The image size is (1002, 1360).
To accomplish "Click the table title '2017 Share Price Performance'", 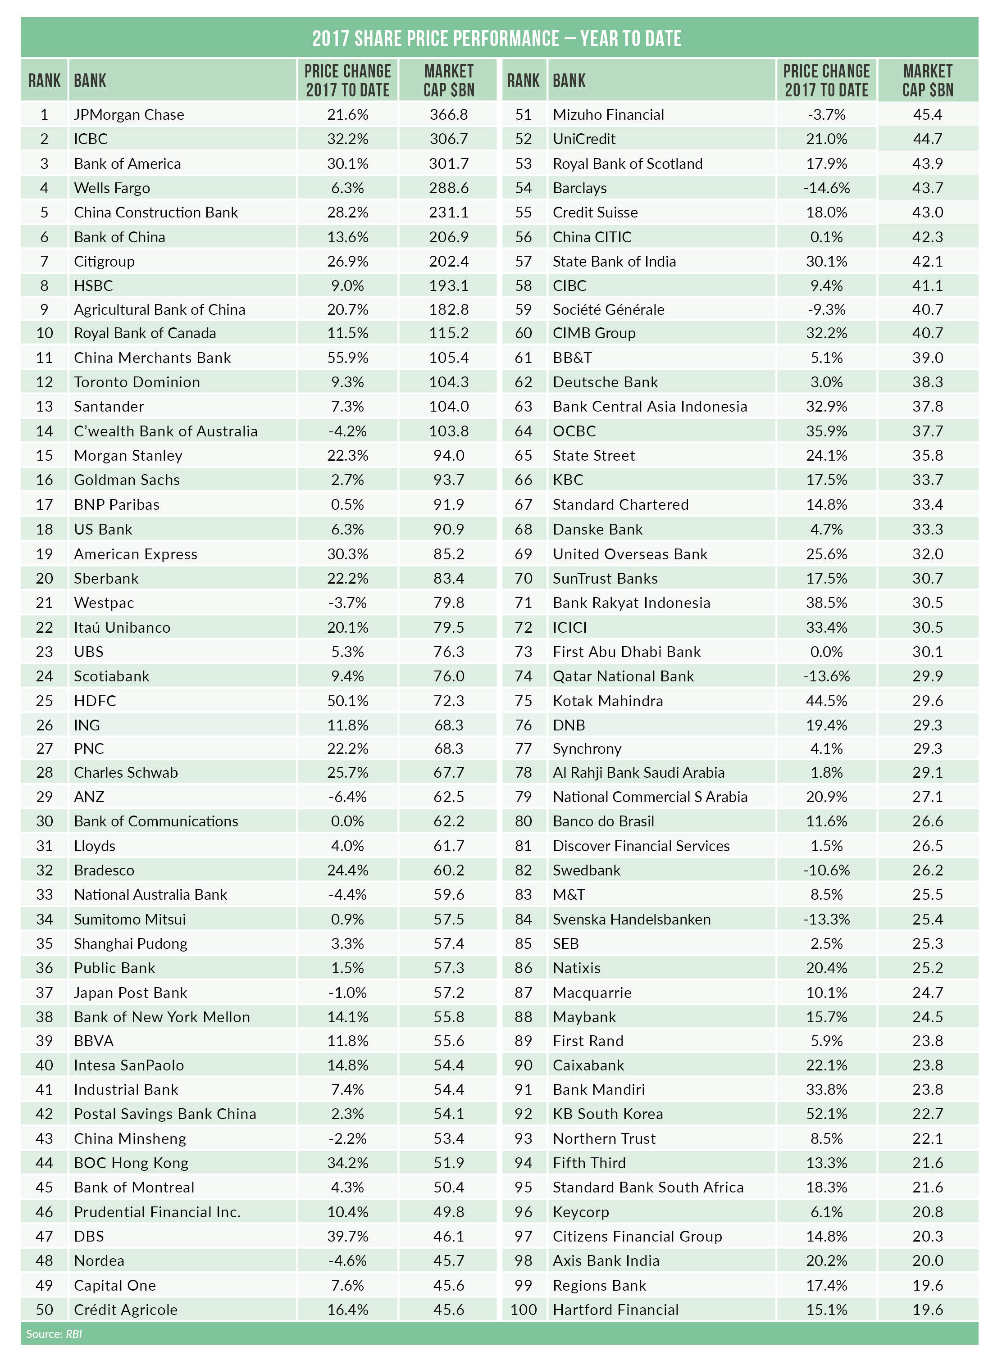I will (x=496, y=38).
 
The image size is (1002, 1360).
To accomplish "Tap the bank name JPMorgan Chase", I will (x=128, y=114).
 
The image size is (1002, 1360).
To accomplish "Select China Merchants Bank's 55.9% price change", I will (x=347, y=358).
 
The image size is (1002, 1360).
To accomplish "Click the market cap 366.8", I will (x=448, y=114).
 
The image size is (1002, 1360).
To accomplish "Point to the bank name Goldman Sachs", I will (x=127, y=480).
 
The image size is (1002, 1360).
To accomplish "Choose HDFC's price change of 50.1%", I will (x=347, y=700).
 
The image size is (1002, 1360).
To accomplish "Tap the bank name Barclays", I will (x=579, y=188).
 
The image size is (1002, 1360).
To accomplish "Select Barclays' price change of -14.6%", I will (x=826, y=188).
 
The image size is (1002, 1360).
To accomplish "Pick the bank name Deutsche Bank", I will (x=605, y=382).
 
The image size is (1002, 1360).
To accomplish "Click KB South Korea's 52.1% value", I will (x=826, y=1113).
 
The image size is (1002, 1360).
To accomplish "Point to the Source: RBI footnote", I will (x=53, y=1333).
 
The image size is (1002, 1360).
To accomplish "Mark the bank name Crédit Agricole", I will (x=126, y=1309).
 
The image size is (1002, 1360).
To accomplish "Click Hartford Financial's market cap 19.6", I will (x=927, y=1309).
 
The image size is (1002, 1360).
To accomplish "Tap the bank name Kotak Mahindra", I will (x=607, y=700).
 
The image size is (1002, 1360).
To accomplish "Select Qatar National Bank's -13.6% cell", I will (x=826, y=675).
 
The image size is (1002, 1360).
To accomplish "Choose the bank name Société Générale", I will (x=608, y=309).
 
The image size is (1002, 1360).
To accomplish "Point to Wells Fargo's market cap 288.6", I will (x=448, y=188).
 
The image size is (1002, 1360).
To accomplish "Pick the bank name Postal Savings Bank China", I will (x=165, y=1113).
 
